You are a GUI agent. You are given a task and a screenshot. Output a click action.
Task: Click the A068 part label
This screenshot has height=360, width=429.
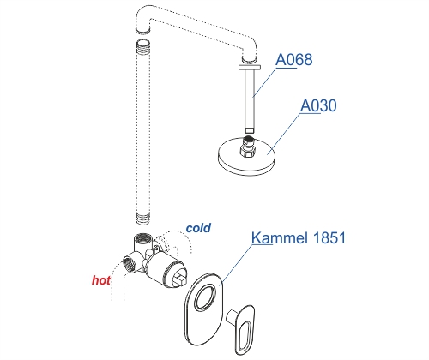[294, 60]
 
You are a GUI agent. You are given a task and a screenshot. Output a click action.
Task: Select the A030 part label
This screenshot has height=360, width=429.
[318, 105]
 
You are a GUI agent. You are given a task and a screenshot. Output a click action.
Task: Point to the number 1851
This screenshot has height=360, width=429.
[329, 237]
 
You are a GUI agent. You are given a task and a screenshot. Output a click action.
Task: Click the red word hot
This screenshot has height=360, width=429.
[101, 280]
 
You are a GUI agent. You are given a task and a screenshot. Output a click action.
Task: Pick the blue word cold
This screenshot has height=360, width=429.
[198, 228]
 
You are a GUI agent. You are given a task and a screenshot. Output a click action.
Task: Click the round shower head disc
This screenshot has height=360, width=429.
[247, 157]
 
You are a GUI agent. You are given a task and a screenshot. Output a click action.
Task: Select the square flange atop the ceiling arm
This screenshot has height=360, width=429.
[250, 67]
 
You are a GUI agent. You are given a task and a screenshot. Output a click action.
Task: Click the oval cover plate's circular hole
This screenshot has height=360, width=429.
[205, 297]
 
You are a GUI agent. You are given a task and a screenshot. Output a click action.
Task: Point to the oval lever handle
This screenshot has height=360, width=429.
[244, 328]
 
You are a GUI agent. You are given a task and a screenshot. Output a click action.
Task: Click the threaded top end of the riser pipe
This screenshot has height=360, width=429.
[143, 45]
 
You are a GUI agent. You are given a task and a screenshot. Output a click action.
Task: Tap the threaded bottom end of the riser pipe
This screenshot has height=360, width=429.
[142, 219]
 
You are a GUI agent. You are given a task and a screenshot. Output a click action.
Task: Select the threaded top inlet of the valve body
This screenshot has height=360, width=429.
[142, 238]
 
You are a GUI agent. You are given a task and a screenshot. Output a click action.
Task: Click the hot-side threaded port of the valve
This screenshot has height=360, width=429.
[129, 264]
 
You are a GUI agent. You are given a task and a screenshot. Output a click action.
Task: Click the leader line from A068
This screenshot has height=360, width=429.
[264, 82]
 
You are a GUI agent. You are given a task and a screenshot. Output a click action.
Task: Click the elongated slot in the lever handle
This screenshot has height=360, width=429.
[245, 336]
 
